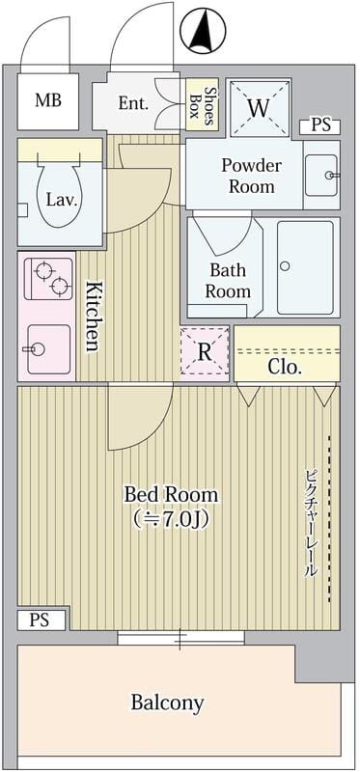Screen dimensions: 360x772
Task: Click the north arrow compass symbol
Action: [x=203, y=30]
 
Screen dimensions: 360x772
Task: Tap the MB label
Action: [x=48, y=100]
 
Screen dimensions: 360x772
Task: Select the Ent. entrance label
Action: [x=133, y=103]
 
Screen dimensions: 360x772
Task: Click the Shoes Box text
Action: [x=205, y=105]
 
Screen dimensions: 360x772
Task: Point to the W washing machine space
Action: [x=259, y=107]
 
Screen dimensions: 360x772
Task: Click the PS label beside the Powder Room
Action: [x=320, y=125]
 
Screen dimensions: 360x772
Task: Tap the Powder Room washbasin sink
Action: [x=321, y=175]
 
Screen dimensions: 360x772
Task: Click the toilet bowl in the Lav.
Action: [x=57, y=195]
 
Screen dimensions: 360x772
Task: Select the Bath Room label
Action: [x=228, y=280]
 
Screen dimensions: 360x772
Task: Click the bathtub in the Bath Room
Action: [x=305, y=267]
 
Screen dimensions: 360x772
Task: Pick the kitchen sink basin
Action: [x=48, y=349]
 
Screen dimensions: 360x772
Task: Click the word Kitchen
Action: [x=95, y=317]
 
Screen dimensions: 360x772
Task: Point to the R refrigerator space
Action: [x=205, y=352]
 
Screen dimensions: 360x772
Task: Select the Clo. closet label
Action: [x=284, y=368]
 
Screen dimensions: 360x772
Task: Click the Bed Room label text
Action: [x=171, y=494]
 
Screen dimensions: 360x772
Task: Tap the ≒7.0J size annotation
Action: [x=171, y=519]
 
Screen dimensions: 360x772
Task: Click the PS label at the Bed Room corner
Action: [x=40, y=620]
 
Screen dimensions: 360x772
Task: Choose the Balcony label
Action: [x=167, y=703]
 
